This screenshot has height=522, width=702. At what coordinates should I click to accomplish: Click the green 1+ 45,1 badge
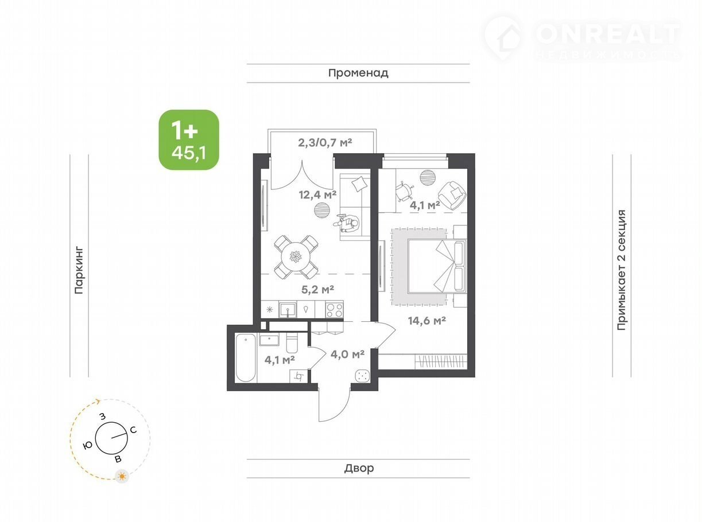click(189, 139)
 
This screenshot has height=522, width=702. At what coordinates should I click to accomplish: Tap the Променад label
click(358, 73)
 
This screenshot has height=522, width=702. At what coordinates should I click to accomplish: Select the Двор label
click(359, 468)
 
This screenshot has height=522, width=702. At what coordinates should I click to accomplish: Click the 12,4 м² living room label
click(317, 195)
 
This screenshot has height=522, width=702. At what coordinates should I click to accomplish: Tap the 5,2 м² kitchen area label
click(317, 289)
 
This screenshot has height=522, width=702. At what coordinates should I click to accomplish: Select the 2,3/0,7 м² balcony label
click(325, 143)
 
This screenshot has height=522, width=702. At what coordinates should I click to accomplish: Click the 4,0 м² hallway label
click(347, 355)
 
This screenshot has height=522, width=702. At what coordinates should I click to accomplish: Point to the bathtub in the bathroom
click(246, 357)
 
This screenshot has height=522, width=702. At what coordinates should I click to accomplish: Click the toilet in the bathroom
click(292, 343)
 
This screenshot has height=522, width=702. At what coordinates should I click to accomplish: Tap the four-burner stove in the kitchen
click(335, 310)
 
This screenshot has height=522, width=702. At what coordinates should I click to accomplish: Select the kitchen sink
click(288, 309)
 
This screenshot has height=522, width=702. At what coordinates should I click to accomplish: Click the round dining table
click(296, 256)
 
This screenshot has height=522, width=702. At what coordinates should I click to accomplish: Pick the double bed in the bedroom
click(437, 266)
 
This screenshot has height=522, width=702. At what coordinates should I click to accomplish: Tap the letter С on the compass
click(133, 430)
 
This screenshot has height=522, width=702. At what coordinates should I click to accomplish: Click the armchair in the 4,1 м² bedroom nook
click(452, 195)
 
